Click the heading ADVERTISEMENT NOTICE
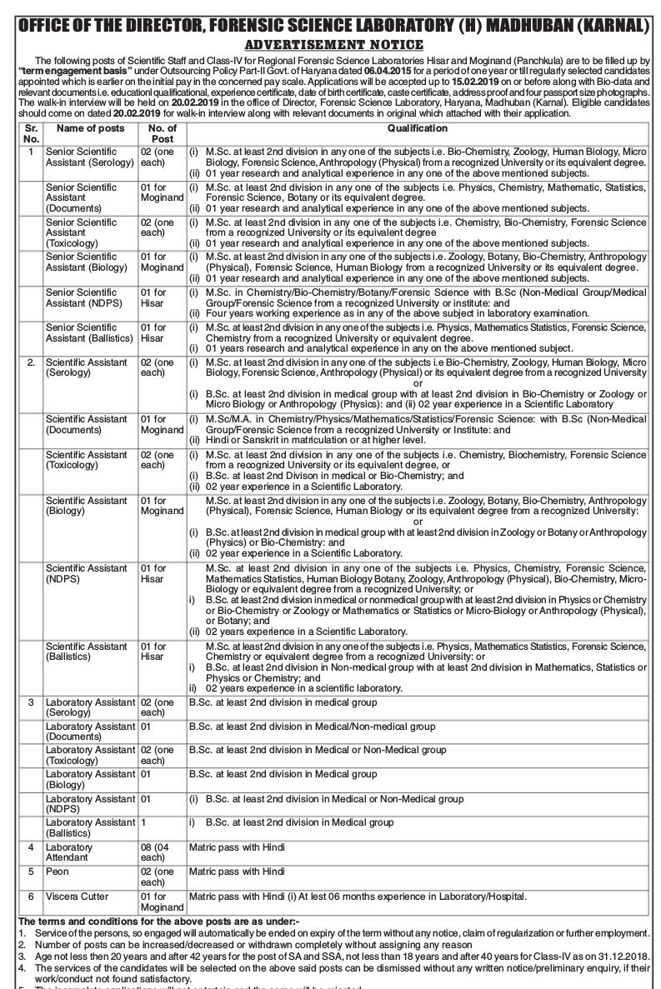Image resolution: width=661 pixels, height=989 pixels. (x=330, y=44)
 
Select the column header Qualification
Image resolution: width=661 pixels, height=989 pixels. (x=417, y=128)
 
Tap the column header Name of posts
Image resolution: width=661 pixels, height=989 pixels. (x=90, y=128)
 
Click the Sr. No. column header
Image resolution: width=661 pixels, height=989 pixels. (x=31, y=133)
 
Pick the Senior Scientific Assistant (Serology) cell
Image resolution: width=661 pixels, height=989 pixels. (x=89, y=157)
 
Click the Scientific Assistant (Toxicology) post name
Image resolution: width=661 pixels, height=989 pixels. (x=87, y=461)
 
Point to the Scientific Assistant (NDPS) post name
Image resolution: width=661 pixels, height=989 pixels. (x=87, y=574)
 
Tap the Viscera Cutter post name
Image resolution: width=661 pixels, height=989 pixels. (x=77, y=897)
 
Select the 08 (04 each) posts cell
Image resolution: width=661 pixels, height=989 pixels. (x=158, y=852)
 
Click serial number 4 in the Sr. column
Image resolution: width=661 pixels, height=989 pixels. (x=31, y=847)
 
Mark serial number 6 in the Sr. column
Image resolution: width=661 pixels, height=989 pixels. (x=31, y=897)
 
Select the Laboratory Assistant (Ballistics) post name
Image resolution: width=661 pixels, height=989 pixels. (x=89, y=827)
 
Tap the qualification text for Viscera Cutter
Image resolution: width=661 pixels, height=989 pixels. (x=358, y=897)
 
